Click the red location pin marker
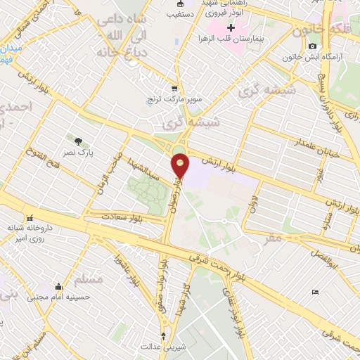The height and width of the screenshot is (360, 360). click(x=181, y=165)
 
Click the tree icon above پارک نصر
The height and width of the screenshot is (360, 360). click(x=78, y=140)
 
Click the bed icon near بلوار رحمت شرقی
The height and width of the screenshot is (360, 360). click(x=315, y=292)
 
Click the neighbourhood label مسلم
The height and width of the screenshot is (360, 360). click(x=89, y=279)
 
